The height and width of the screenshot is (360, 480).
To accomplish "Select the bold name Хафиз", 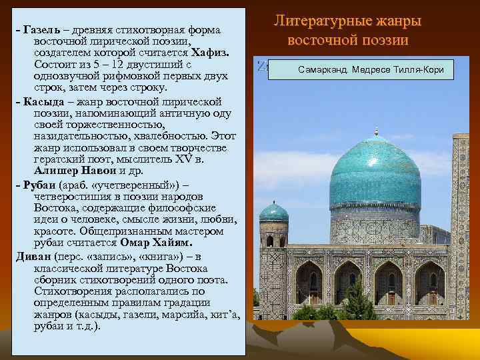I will point(211,53).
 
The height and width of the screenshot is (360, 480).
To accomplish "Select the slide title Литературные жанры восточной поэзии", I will point(347,31).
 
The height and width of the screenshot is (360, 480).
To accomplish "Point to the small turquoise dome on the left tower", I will point(273,213).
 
